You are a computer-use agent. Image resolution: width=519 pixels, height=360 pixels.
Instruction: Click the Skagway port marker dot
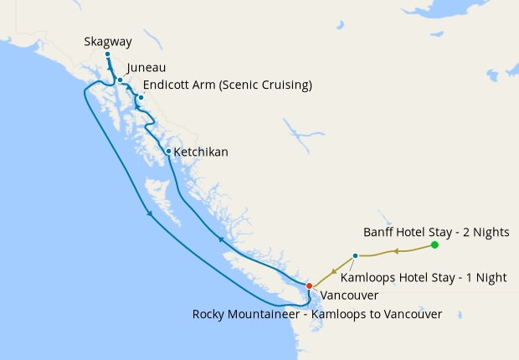tap(107, 54)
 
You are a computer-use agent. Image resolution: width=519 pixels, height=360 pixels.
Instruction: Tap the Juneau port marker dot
tap(121, 80)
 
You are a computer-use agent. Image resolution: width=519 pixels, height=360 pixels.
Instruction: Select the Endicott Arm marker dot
tap(141, 98)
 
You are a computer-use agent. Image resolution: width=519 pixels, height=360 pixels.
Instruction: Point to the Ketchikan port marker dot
tap(168, 152)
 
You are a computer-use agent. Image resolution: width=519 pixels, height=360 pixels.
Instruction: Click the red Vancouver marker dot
tap(309, 286)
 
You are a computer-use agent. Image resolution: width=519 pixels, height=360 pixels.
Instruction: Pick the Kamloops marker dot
tap(356, 255)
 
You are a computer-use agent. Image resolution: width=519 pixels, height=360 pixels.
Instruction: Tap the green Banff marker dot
tap(434, 244)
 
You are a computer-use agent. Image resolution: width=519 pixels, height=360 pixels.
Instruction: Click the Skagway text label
tap(108, 41)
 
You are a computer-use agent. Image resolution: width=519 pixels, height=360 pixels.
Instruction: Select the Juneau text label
tap(146, 68)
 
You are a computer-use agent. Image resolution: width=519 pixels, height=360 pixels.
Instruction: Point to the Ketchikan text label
tap(201, 152)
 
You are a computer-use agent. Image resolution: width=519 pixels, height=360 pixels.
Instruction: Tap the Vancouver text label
tap(349, 296)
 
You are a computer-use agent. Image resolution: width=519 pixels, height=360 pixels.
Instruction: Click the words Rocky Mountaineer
tap(245, 314)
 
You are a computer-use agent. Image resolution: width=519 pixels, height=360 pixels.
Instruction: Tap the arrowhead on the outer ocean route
tap(150, 213)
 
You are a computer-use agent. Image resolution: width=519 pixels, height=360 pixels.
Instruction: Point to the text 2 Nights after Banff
tap(494, 231)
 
